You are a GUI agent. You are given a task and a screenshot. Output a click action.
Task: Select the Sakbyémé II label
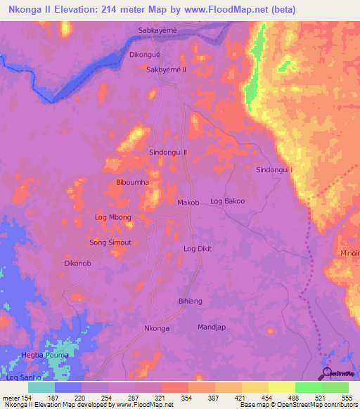(x=166, y=70)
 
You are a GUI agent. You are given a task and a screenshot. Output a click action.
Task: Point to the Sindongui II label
(x=169, y=152)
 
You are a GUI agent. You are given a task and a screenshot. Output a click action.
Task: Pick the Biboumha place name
(x=132, y=182)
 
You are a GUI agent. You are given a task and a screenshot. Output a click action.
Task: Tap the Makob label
(x=188, y=202)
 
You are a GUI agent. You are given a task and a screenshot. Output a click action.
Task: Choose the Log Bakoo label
(x=228, y=202)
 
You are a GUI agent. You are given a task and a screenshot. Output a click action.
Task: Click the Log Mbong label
(x=113, y=218)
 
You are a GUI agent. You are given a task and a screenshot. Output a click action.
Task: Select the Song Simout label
(x=110, y=242)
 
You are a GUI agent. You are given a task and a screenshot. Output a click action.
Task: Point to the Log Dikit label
(x=198, y=249)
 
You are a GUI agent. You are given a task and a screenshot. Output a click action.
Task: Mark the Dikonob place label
(x=77, y=264)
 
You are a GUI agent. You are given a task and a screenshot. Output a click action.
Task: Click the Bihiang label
(x=191, y=301)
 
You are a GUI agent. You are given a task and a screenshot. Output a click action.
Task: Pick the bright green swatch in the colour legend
(x=308, y=387)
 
